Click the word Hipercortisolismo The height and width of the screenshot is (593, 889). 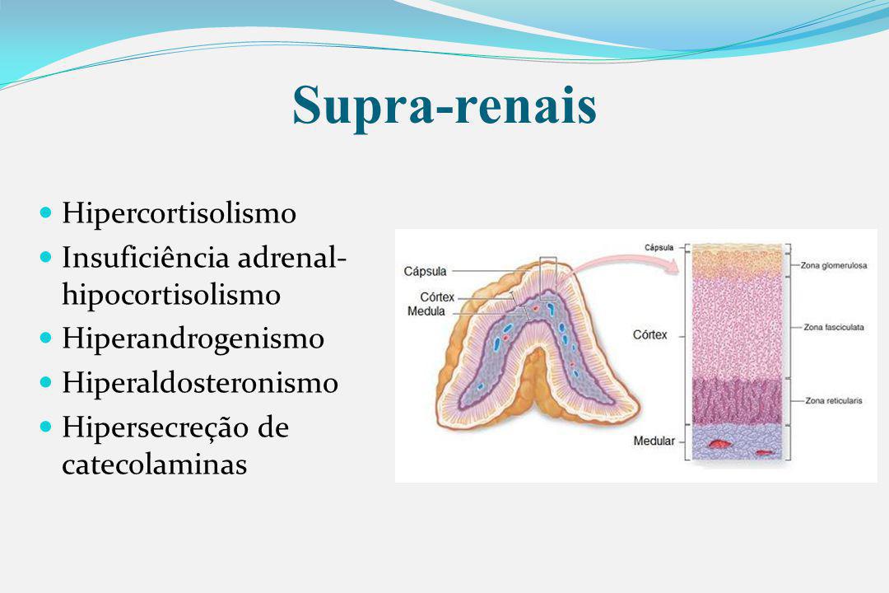[x=179, y=214]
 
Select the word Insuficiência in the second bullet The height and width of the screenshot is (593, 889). [x=146, y=257]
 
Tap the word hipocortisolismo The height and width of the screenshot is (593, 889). [x=171, y=295]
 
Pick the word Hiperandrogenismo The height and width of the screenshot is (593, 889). [x=193, y=339]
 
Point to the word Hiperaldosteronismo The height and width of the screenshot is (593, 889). [x=200, y=382]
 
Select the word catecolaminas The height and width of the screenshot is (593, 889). [x=154, y=464]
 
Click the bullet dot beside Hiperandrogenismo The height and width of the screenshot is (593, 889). [x=46, y=339]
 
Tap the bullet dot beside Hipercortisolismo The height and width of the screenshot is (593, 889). [x=46, y=212]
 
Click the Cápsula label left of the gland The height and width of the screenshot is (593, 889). [x=425, y=271]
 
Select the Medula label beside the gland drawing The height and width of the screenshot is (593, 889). [x=426, y=311]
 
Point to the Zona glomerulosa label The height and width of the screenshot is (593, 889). [x=833, y=265]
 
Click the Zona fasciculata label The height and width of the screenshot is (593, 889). [x=833, y=327]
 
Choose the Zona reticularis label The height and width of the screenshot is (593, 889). [x=833, y=400]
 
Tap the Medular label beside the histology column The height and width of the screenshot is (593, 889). [x=654, y=441]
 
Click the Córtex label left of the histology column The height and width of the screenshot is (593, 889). [x=649, y=335]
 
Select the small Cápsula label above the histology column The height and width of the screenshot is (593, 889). [x=659, y=247]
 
